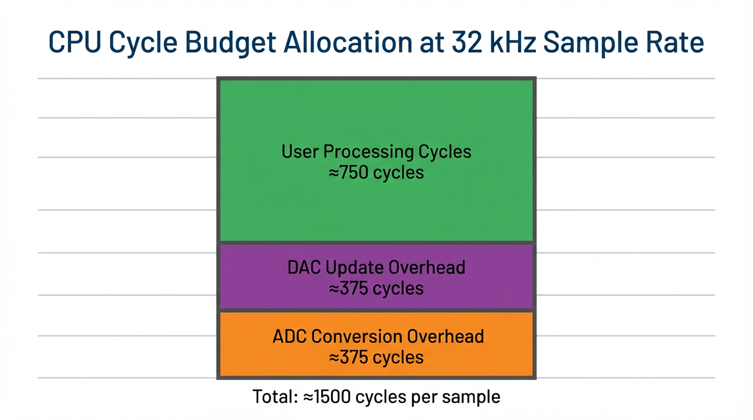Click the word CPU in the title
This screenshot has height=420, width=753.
point(75,42)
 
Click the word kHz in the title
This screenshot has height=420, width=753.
point(522,42)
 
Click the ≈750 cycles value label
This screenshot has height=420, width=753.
point(376,173)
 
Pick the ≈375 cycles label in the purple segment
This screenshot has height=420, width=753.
point(376,288)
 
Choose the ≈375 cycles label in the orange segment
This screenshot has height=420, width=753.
point(376,358)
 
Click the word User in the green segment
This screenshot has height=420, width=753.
point(299,151)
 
